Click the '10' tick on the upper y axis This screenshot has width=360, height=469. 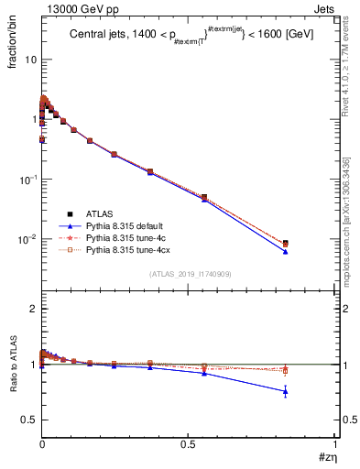[29, 60]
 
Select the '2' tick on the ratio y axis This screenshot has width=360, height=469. [32, 309]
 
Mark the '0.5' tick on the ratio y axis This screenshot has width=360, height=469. [28, 420]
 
